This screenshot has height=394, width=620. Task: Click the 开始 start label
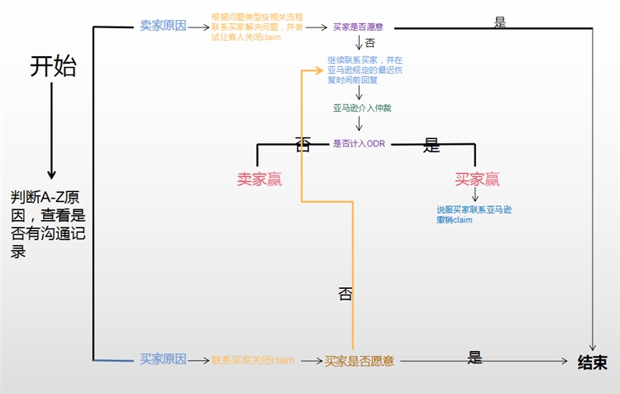53,66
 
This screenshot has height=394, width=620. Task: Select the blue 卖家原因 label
163,26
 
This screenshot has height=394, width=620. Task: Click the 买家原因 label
163,359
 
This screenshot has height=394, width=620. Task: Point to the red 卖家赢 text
259,179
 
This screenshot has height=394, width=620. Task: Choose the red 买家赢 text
477,179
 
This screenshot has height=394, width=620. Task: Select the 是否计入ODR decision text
359,143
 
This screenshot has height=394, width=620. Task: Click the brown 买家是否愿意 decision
359,361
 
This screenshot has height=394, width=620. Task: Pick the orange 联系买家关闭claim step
252,361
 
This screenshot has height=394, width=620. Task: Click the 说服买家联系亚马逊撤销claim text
474,214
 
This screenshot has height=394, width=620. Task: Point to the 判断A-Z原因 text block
48,224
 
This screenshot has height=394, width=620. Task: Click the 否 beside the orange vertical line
346,294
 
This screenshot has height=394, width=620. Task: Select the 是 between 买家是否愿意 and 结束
475,358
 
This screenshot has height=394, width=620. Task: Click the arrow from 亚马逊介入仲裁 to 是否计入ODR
359,125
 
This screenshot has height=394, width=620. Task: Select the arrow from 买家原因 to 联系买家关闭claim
198,360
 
